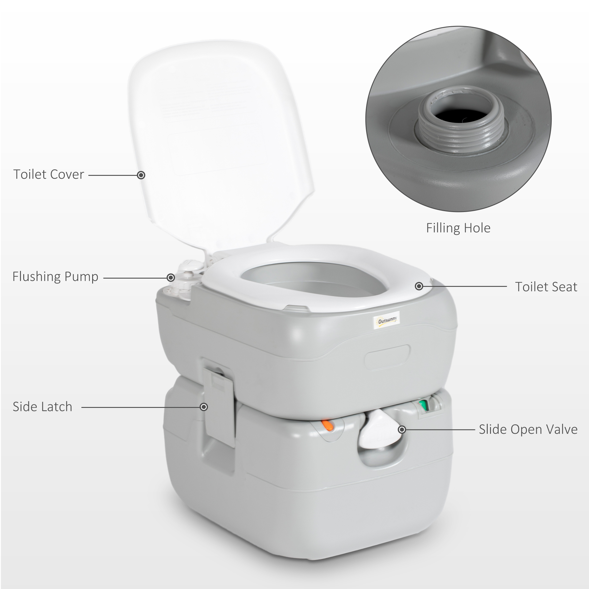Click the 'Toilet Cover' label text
tap(49, 174)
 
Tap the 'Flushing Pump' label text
tap(55, 277)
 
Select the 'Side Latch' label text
tap(42, 407)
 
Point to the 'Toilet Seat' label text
tap(546, 287)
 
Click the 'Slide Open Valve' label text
tap(528, 430)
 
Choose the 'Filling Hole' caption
tap(458, 228)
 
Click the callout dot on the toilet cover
tap(141, 175)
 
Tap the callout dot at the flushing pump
tap(171, 277)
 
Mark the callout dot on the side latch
tap(204, 407)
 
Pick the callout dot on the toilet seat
tap(419, 286)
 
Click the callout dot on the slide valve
tap(402, 430)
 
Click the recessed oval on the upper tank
tap(388, 357)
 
